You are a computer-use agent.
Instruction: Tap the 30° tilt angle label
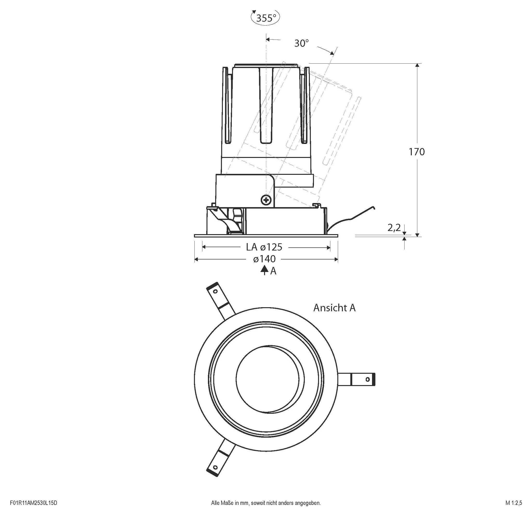pos(302,43)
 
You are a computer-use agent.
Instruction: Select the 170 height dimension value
pos(417,152)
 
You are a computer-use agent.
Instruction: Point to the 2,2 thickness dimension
pos(394,228)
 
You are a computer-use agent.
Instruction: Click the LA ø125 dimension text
pos(264,247)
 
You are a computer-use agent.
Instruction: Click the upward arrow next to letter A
pos(264,271)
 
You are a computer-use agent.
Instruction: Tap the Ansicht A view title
pos(334,308)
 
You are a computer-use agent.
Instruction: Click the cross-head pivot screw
pos(266,200)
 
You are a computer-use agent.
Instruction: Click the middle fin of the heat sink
pos(266,106)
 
